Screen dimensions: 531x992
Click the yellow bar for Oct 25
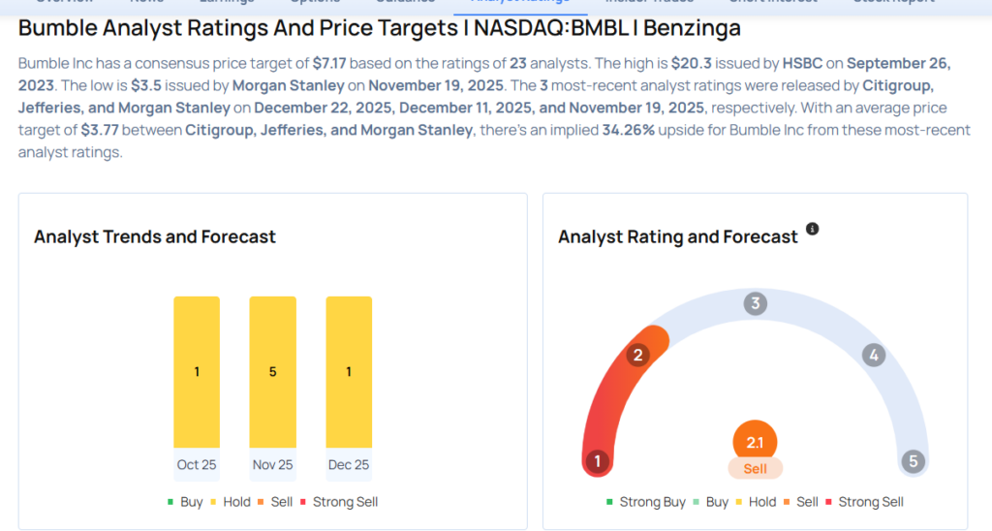(197, 372)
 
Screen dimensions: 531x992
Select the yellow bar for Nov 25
(272, 372)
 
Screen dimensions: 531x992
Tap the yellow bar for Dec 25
(349, 372)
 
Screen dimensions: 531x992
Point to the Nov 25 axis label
(272, 465)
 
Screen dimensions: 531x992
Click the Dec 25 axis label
(349, 465)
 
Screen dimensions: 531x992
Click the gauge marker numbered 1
(598, 461)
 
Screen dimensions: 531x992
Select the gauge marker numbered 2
(637, 356)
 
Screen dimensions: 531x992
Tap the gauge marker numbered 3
(756, 304)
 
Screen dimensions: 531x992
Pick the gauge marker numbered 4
(874, 356)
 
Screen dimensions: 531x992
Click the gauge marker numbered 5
(913, 461)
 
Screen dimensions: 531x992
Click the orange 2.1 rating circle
(756, 443)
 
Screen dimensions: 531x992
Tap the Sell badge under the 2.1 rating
(756, 469)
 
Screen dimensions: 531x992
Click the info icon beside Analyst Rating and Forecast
(813, 230)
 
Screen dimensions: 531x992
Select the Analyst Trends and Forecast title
(155, 236)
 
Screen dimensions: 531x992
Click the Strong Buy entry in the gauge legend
(652, 502)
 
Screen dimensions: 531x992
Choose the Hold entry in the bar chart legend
(229, 502)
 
